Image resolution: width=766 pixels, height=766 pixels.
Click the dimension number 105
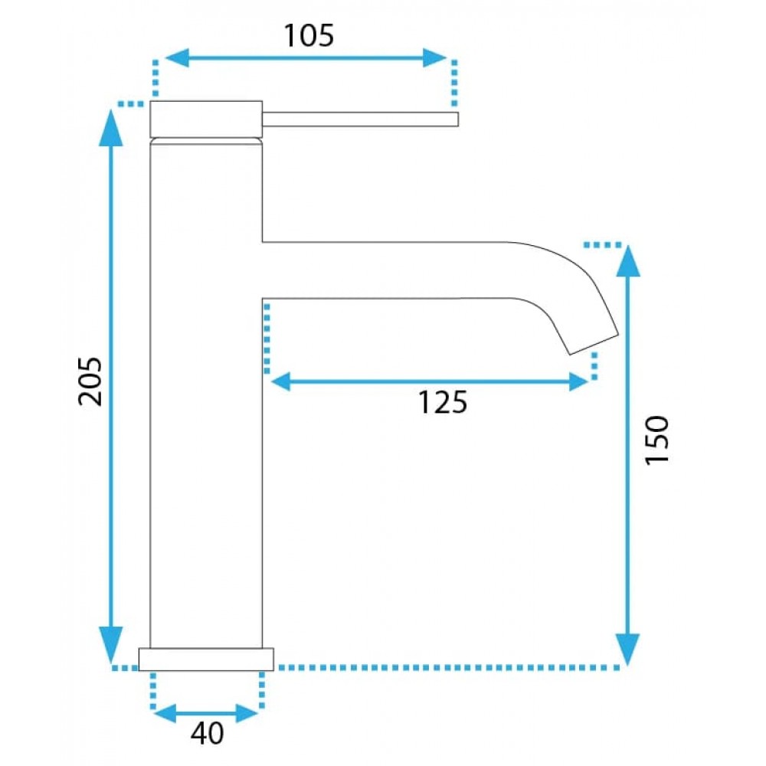point(309,36)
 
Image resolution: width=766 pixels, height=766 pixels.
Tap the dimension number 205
point(90,381)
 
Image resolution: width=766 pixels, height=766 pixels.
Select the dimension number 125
point(443,403)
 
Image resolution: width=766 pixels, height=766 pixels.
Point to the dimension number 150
point(656,440)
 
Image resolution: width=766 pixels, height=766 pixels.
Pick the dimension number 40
point(207,733)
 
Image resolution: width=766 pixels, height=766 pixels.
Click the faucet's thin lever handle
point(360,119)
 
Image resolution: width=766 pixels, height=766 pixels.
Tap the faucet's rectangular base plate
point(206,660)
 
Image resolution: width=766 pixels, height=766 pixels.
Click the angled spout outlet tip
point(594,345)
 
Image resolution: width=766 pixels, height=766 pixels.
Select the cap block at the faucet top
point(206,119)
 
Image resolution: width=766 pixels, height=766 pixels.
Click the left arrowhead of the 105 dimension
point(177,57)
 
